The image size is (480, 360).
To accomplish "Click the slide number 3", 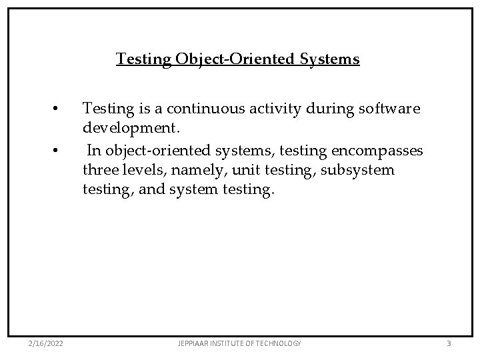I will pos(449,343).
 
